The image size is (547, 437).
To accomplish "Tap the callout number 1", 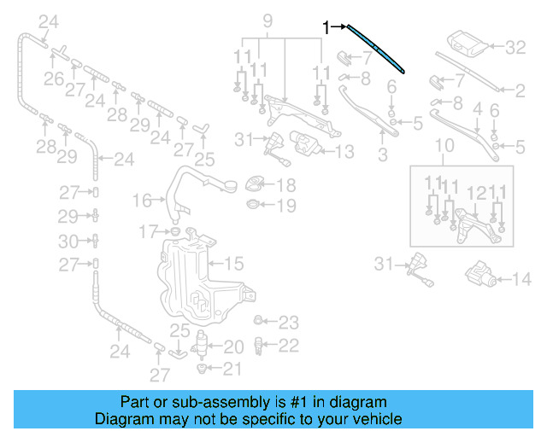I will pyautogui.click(x=326, y=27).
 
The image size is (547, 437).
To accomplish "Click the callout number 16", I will pyautogui.click(x=142, y=201).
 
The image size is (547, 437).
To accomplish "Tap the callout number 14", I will pyautogui.click(x=521, y=278).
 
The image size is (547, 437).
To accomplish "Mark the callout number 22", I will pyautogui.click(x=290, y=346).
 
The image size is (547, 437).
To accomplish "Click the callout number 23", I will pyautogui.click(x=290, y=323).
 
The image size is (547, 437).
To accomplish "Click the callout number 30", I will pyautogui.click(x=72, y=242).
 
